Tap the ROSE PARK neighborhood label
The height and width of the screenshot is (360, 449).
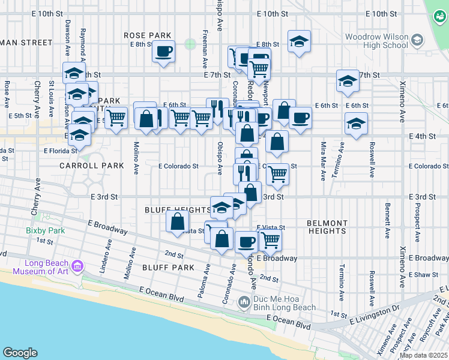tap(148, 36)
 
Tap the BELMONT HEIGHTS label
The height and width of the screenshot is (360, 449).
tap(327, 227)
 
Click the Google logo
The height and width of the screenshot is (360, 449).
tap(20, 353)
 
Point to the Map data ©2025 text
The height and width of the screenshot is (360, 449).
tap(423, 355)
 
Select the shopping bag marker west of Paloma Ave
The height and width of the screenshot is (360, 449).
tap(178, 221)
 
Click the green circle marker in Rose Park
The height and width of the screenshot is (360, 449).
tap(190, 44)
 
